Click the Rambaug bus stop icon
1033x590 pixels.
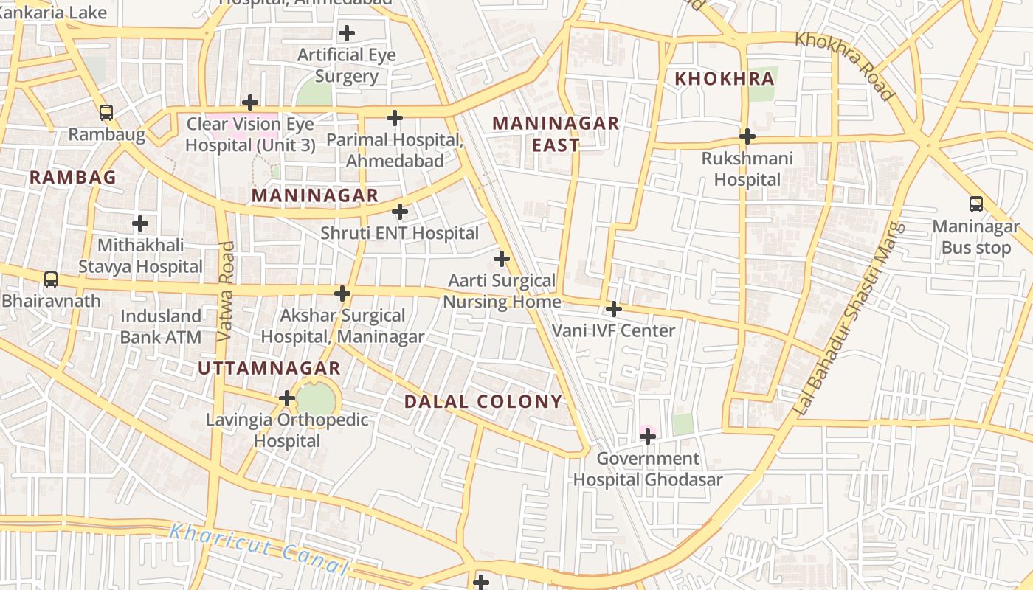pyautogui.click(x=106, y=113)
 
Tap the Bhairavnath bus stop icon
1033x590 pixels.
pyautogui.click(x=50, y=280)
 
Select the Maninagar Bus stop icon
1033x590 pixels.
pyautogui.click(x=975, y=204)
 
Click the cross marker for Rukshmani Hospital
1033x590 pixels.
pyautogui.click(x=747, y=136)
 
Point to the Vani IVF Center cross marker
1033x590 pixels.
pyautogui.click(x=613, y=309)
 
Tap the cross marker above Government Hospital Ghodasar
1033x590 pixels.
pyautogui.click(x=648, y=437)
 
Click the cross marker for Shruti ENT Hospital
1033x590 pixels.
pyautogui.click(x=400, y=212)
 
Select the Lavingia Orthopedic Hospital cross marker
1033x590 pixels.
pyautogui.click(x=287, y=399)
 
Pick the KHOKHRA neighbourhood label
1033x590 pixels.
pyautogui.click(x=724, y=79)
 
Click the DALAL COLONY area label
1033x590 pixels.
pyautogui.click(x=483, y=402)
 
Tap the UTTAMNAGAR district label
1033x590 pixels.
pyautogui.click(x=269, y=369)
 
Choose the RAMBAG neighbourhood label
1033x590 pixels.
pyautogui.click(x=73, y=178)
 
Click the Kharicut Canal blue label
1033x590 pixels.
pyautogui.click(x=258, y=549)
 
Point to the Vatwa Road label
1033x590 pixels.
pyautogui.click(x=227, y=291)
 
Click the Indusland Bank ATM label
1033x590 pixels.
pyautogui.click(x=160, y=327)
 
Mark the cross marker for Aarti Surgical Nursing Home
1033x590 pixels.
pyautogui.click(x=502, y=259)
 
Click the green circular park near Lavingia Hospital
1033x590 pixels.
pyautogui.click(x=316, y=399)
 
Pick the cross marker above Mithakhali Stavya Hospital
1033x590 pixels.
pyautogui.click(x=140, y=223)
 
